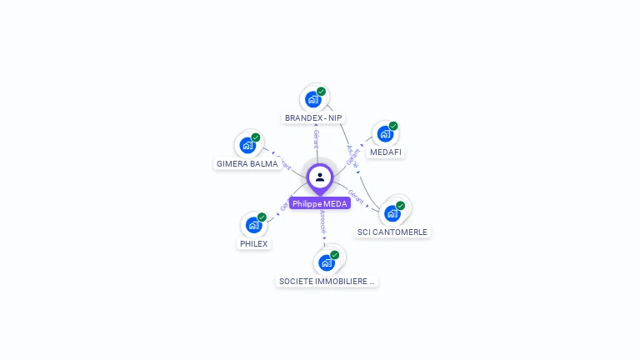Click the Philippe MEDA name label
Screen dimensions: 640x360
[x=320, y=203]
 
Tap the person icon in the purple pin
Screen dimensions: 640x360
[x=320, y=177]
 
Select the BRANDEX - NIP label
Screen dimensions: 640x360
[x=313, y=117]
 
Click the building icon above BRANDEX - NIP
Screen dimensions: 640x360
[x=313, y=99]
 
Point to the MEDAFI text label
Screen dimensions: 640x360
[x=386, y=152]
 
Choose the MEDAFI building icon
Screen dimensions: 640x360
[x=384, y=133]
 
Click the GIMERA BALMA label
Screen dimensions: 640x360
[x=247, y=164]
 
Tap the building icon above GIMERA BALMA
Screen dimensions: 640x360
[x=247, y=145]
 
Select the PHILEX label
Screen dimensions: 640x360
[x=254, y=244]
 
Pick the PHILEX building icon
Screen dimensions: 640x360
[x=253, y=225]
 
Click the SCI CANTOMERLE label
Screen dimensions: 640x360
[x=392, y=232]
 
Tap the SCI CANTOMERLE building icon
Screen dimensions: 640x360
[x=392, y=213]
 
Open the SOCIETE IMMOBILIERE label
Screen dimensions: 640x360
[x=327, y=282]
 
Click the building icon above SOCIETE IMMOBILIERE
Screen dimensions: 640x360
[x=327, y=262]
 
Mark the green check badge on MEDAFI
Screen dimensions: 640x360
[x=393, y=126]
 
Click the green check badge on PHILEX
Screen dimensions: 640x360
[x=262, y=217]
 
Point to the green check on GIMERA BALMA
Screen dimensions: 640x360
[x=256, y=137]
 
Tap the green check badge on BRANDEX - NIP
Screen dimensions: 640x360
[x=322, y=92]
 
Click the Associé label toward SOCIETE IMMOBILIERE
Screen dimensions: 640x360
[x=322, y=223]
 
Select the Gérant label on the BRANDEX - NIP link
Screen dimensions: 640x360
[x=317, y=138]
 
